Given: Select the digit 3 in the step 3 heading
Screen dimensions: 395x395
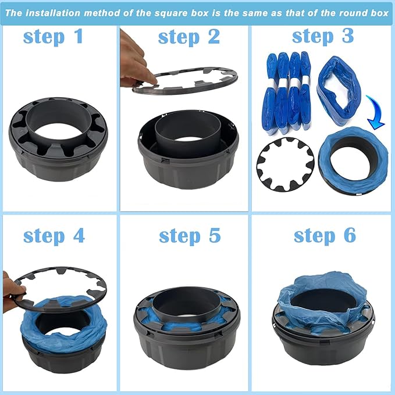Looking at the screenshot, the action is coord(348,35).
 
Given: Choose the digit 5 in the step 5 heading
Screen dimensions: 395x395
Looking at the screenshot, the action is coord(215,235).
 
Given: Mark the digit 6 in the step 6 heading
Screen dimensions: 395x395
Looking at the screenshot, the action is coord(350,234).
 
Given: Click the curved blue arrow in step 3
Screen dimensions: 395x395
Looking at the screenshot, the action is coord(375,113).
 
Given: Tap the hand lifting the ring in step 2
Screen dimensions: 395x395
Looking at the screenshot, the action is coord(135,61).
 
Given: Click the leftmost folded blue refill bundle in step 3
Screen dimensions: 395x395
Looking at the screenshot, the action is coord(269,93).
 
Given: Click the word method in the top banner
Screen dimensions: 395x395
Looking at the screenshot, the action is coord(102,13).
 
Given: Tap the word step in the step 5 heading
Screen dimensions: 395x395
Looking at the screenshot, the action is coord(180,236).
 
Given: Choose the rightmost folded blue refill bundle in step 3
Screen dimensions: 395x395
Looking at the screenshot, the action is coord(305,91).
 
